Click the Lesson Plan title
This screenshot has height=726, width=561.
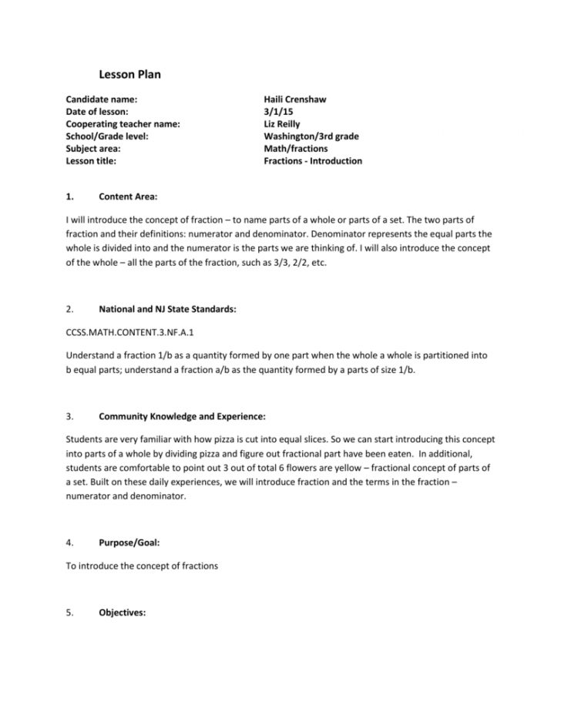click(x=129, y=75)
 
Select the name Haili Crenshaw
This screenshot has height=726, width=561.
click(x=294, y=99)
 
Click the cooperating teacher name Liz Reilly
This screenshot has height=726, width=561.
click(x=284, y=124)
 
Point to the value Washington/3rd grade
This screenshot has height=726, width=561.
click(x=311, y=136)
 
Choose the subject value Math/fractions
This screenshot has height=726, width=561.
click(x=295, y=149)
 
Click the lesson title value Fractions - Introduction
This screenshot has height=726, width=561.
click(x=312, y=161)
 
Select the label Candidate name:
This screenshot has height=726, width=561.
click(x=101, y=99)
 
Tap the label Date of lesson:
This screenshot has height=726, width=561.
click(x=98, y=112)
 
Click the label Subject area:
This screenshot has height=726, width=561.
click(x=92, y=149)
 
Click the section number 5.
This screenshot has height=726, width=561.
click(x=69, y=613)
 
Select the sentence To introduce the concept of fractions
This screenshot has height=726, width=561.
click(x=143, y=566)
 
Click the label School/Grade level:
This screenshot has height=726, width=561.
click(x=106, y=136)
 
